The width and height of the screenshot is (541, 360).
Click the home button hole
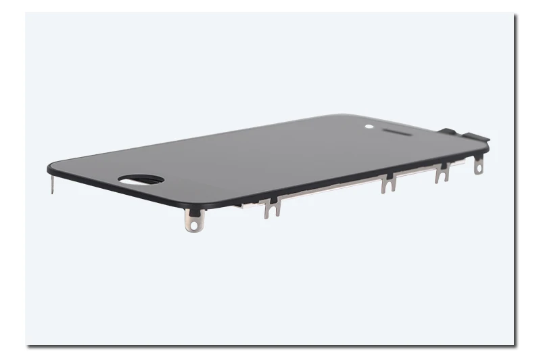(141, 179)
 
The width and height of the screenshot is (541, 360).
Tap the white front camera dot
(369, 126)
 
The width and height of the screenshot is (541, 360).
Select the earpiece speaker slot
(397, 133)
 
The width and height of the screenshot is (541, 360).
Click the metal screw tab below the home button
(195, 220)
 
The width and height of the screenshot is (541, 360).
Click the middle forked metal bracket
(387, 183)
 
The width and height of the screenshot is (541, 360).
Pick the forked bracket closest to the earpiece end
(442, 173)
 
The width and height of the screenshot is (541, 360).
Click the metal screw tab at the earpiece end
(479, 164)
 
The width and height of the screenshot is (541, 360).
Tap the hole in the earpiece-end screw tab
(479, 168)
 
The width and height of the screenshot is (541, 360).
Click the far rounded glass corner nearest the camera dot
(345, 116)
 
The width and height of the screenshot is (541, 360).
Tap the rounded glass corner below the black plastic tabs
(485, 143)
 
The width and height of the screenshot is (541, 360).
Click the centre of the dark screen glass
(270, 159)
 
